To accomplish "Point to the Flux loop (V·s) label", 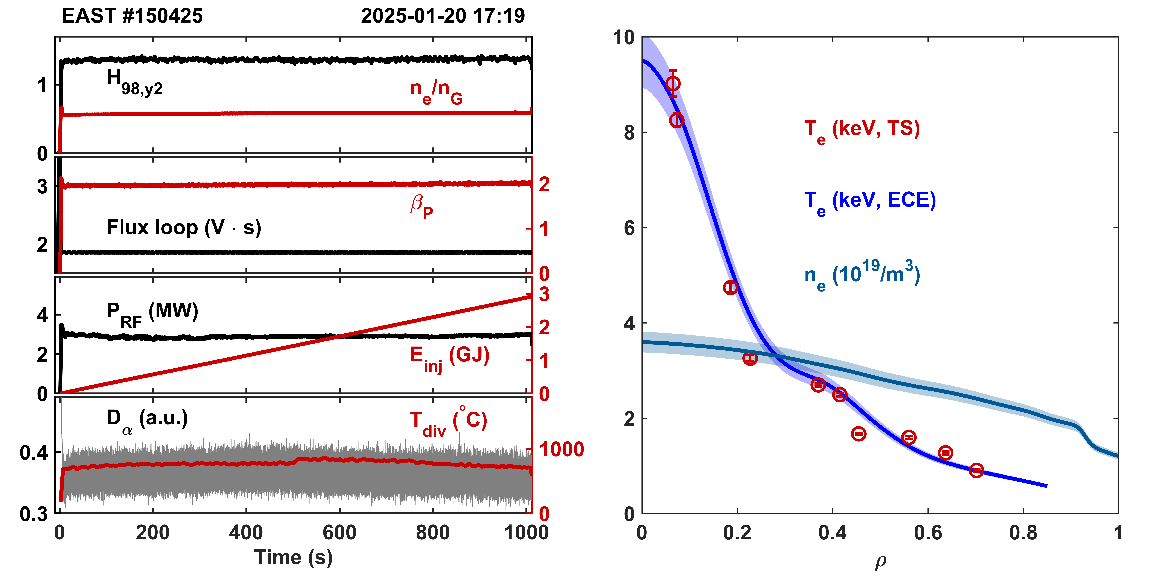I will click(184, 227).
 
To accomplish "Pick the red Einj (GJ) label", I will click(449, 358).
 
